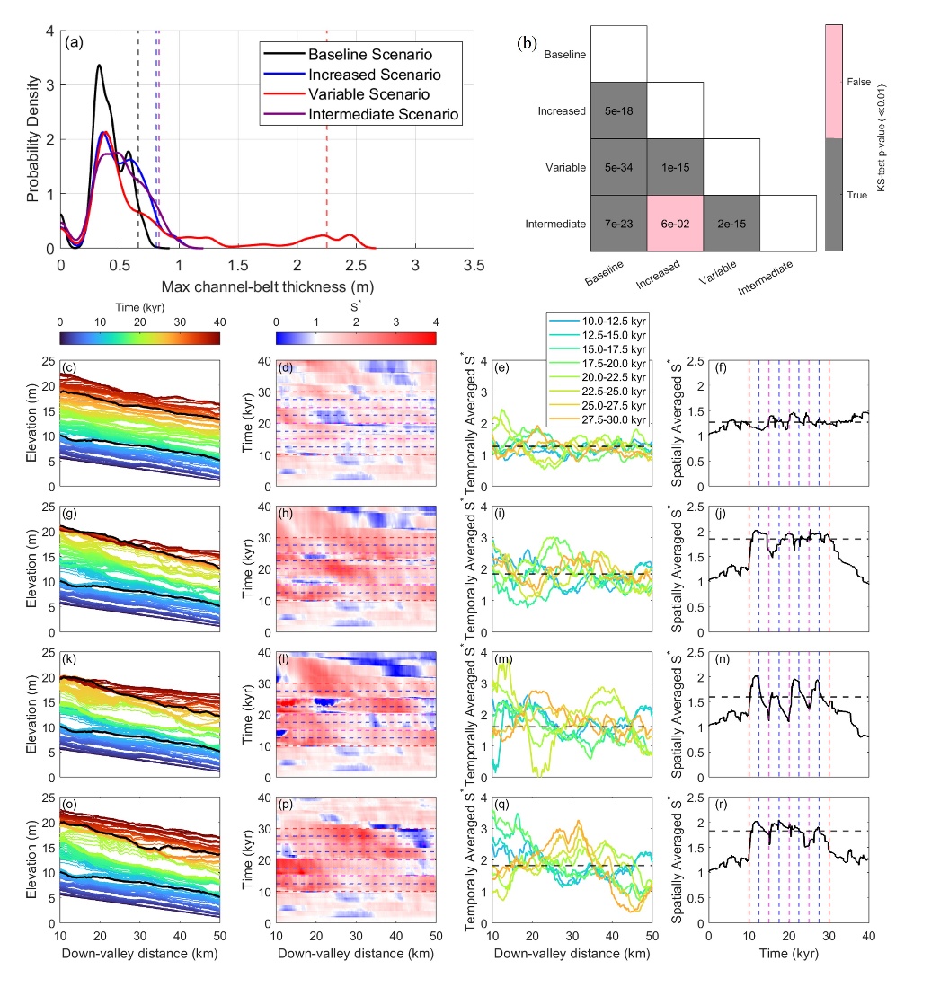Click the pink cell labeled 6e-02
point(675,224)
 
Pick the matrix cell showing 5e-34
point(617,167)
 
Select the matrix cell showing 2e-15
point(731,224)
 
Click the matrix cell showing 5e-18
point(617,110)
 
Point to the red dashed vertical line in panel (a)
point(326,135)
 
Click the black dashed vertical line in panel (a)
point(137,135)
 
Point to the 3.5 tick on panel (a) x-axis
point(474,266)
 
